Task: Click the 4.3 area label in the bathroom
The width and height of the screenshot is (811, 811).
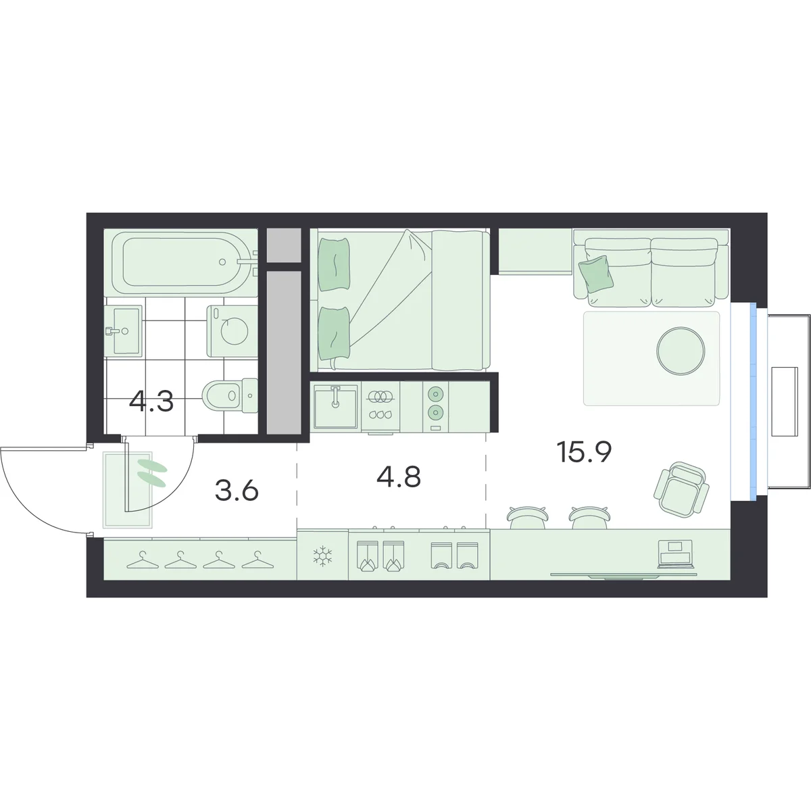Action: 151,401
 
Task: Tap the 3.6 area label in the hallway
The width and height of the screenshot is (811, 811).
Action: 237,491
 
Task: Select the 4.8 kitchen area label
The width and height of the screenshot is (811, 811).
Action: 399,477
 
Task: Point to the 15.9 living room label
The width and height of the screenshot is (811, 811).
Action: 584,452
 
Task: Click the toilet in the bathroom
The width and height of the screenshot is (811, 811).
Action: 230,395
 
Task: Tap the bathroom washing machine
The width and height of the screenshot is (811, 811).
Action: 232,331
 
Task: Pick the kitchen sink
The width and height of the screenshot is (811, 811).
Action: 335,406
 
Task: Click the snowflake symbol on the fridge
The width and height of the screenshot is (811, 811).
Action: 323,556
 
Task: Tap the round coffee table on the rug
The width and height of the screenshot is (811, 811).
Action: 681,350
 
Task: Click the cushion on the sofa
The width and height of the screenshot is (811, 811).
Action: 595,274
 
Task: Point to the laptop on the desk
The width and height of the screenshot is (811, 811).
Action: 675,554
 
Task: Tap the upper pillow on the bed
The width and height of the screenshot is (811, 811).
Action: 334,264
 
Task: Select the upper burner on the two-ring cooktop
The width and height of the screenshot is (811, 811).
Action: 435,394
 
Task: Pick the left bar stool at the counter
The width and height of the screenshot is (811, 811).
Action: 529,517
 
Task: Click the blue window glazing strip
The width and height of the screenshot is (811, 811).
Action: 753,401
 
